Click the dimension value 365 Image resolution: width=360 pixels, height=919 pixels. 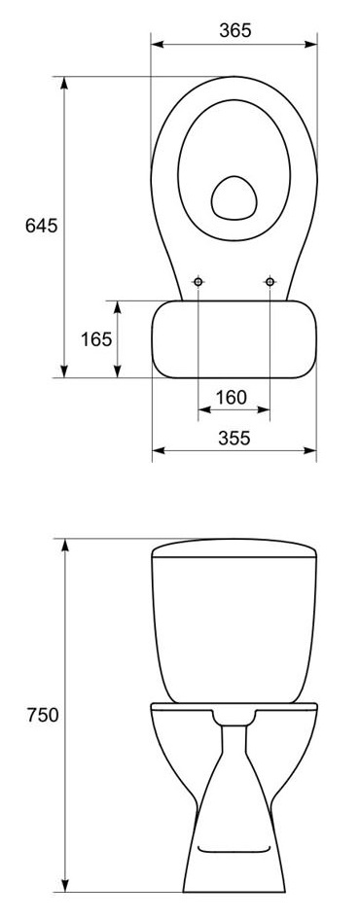(235, 30)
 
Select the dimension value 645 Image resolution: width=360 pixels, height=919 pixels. (42, 225)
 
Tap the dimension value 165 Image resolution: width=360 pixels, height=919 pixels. (96, 338)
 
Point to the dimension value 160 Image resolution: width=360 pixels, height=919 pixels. (231, 398)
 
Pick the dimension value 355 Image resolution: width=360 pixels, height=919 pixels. (234, 438)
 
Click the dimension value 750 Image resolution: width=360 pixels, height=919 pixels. (42, 715)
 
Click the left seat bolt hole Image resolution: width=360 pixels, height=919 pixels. (198, 282)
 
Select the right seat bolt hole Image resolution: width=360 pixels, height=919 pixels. (270, 282)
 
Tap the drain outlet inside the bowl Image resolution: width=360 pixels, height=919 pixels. (234, 198)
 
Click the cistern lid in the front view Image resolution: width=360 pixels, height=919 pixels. (234, 548)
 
